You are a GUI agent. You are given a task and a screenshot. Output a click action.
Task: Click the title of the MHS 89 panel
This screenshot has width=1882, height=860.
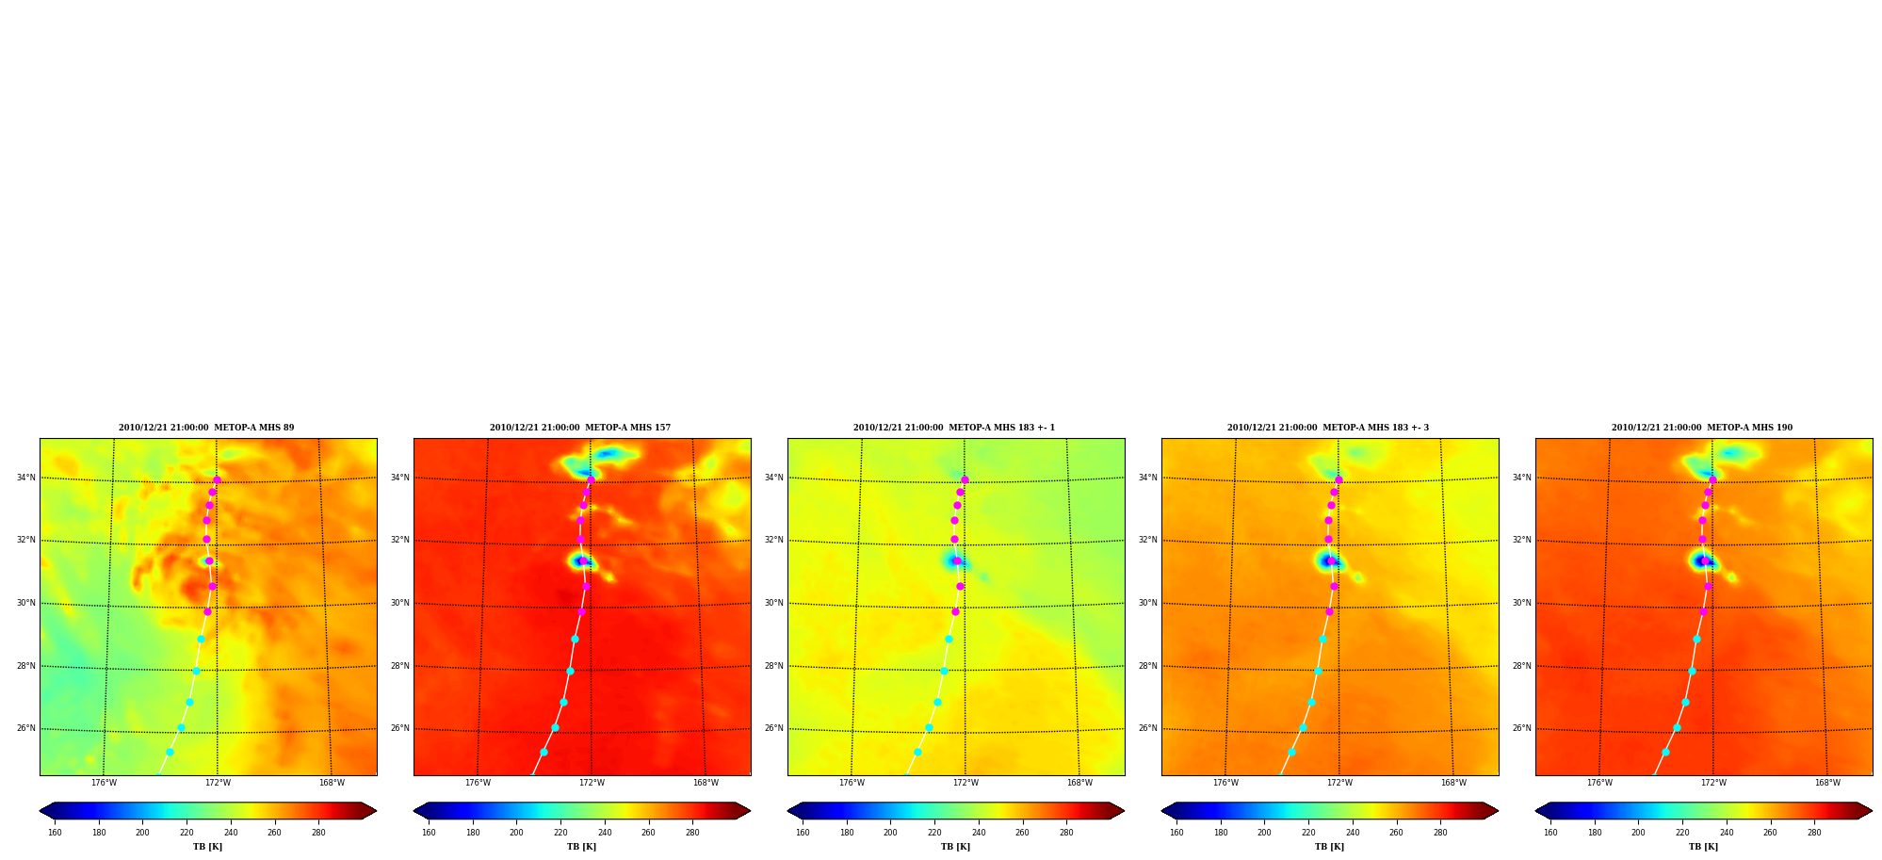click(206, 428)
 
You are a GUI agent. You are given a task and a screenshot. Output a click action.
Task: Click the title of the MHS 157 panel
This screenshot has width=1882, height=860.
click(580, 428)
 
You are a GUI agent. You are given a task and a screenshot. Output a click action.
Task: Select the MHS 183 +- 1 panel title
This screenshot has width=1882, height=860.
click(954, 428)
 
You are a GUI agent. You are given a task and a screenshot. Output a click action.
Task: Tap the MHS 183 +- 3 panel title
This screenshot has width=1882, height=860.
click(1328, 428)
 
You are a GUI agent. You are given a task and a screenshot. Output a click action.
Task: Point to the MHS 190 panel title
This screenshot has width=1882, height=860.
click(1702, 428)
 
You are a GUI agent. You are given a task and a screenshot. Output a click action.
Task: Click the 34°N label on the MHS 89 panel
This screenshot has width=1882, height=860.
click(25, 478)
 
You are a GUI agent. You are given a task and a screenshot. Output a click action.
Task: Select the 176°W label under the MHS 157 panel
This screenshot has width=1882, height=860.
click(478, 783)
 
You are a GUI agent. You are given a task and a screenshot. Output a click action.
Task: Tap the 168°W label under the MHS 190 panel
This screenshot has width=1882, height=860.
click(1827, 783)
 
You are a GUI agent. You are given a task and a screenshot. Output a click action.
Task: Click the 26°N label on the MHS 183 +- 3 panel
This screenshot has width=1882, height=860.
click(1147, 728)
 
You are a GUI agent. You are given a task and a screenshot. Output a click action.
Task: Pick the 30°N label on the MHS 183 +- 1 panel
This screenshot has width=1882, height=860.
click(773, 603)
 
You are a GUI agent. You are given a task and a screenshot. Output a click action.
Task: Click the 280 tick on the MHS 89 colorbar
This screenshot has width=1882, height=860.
click(318, 833)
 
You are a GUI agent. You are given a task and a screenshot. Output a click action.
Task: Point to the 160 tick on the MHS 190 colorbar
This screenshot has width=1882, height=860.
click(1550, 833)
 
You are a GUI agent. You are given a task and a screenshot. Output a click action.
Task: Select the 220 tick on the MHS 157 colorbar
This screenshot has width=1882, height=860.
click(560, 833)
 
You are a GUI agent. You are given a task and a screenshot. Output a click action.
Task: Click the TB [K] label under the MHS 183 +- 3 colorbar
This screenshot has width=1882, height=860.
click(1329, 847)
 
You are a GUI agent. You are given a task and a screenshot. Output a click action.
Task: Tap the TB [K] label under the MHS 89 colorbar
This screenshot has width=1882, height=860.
click(207, 847)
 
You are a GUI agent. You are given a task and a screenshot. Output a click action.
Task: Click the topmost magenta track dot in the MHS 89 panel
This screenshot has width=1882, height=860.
click(217, 480)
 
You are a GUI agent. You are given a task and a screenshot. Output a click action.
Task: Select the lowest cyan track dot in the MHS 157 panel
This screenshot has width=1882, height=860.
click(544, 752)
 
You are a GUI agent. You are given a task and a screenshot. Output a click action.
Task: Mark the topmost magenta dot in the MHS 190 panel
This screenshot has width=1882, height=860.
click(1712, 480)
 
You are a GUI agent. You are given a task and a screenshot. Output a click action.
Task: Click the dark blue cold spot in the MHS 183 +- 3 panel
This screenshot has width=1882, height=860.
click(1328, 561)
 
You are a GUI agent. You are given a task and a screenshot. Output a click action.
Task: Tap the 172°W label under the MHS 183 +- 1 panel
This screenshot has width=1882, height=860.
click(965, 783)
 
